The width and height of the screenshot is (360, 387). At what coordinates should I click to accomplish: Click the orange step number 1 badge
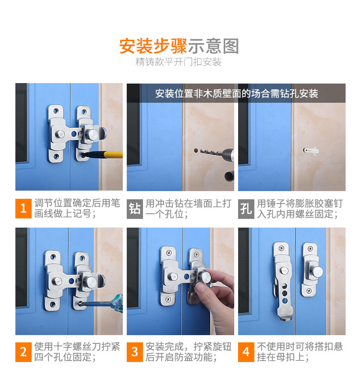pos(24,208)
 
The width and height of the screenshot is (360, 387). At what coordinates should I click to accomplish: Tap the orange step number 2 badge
pos(24,352)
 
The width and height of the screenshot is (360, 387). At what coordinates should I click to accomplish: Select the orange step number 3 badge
pos(135,352)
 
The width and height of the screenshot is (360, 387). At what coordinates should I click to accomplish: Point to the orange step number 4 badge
pos(246,352)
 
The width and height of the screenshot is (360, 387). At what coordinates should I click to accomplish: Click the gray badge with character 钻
pos(135,209)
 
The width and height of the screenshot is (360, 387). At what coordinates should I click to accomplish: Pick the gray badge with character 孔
pos(246,209)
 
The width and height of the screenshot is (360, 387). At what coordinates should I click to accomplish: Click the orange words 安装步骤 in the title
pos(153,46)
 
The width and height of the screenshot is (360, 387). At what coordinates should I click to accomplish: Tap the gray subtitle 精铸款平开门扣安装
pos(179,62)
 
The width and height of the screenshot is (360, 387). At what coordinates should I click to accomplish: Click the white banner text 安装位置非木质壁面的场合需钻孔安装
pos(236,94)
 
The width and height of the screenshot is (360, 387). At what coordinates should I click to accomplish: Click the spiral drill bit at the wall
pos(209,151)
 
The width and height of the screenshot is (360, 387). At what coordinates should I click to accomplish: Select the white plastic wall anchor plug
pos(311,150)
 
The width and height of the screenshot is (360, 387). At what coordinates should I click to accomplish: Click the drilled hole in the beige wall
pos(196,150)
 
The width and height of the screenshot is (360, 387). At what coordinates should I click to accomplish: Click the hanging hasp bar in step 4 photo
pos(284,281)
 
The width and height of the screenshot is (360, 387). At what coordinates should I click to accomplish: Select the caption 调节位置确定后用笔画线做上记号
pos(77,208)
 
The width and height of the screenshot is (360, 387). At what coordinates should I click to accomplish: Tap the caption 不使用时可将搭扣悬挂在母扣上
pos(300,352)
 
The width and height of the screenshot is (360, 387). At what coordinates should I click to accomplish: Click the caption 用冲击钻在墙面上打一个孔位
pos(189,209)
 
